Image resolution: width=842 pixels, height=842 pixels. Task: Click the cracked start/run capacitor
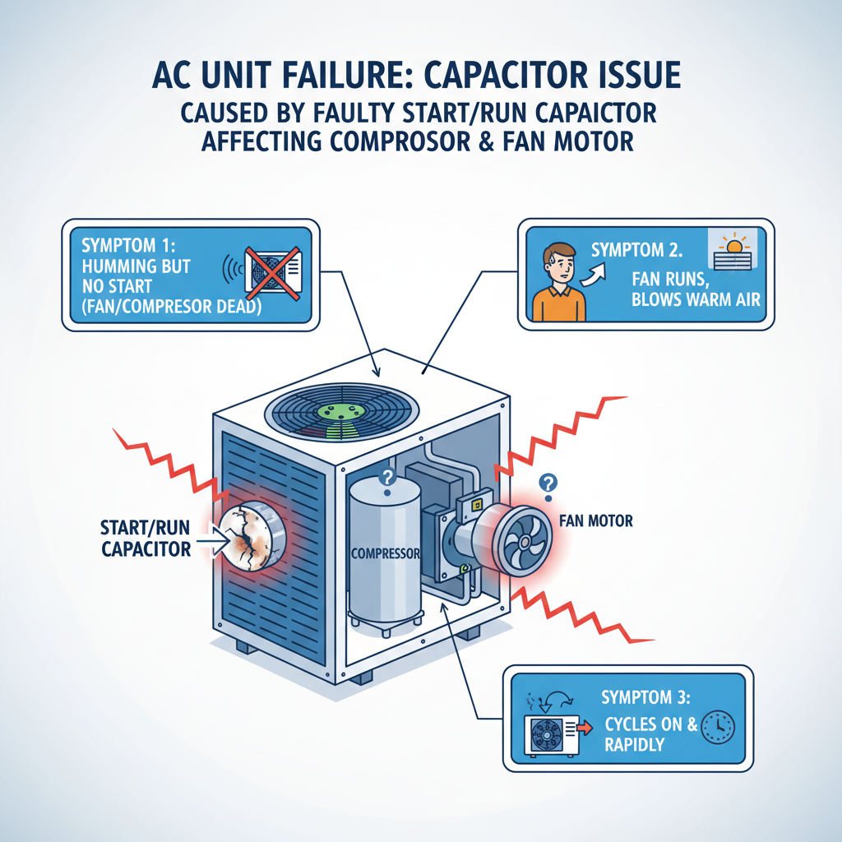(247, 539)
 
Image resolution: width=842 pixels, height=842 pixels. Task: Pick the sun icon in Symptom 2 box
(731, 243)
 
